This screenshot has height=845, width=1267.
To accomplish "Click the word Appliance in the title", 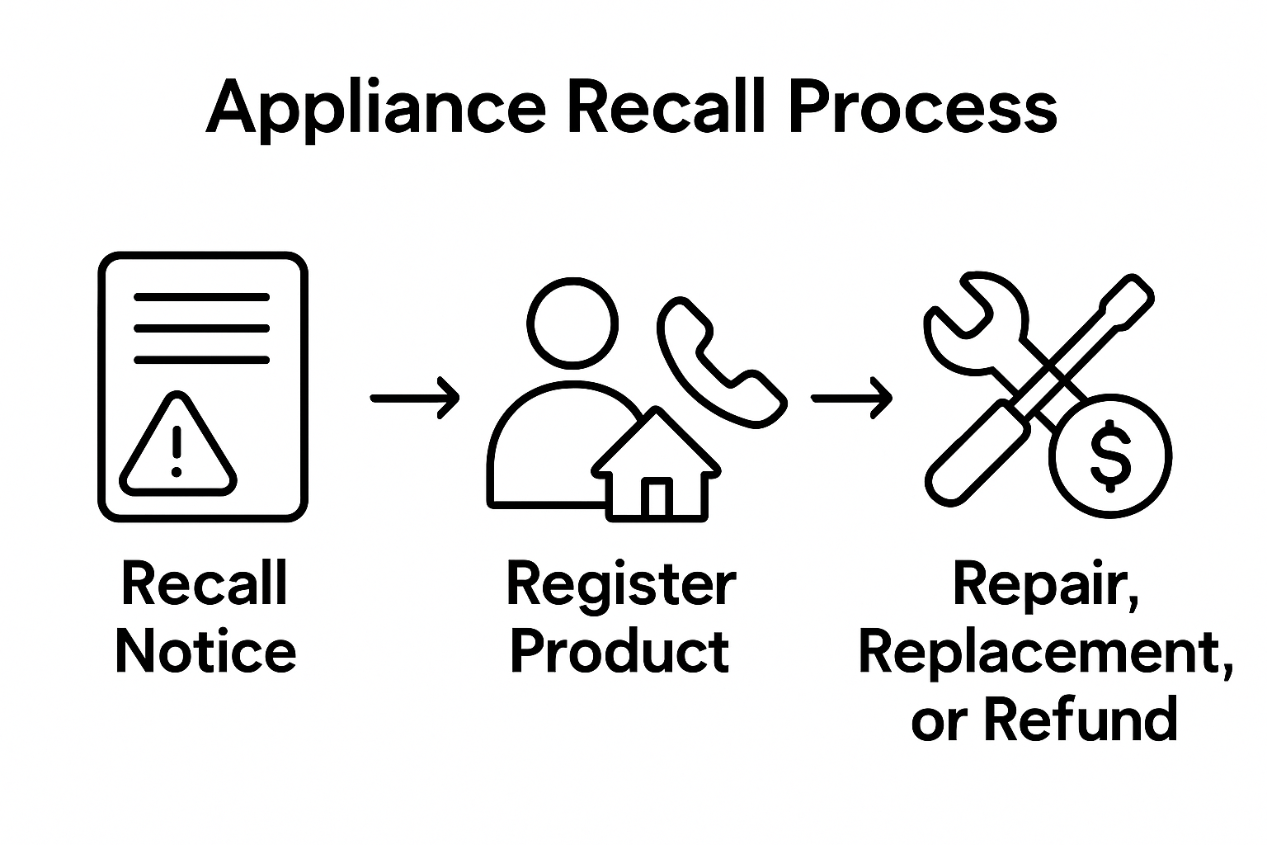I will [x=375, y=108].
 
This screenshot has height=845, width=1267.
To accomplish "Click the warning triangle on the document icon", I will [x=177, y=446].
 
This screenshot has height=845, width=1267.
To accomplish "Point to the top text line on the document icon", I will [x=202, y=296].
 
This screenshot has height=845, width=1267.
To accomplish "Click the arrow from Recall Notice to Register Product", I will [x=414, y=398].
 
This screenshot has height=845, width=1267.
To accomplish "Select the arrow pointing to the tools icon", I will [x=851, y=398].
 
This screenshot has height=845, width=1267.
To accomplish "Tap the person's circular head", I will [x=572, y=322].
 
